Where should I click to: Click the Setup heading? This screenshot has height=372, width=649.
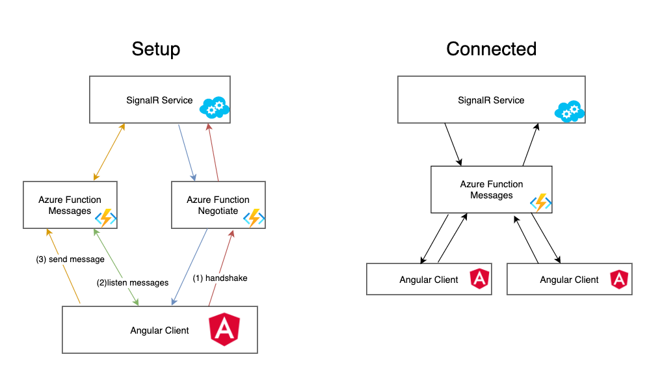[156, 49]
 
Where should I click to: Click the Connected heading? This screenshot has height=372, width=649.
[492, 49]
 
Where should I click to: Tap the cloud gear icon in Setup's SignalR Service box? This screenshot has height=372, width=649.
[215, 108]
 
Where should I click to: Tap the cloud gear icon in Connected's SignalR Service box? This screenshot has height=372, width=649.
[570, 111]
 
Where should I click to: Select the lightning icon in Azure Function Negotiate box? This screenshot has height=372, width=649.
[254, 218]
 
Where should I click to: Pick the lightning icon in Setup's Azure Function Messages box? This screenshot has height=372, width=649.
[105, 218]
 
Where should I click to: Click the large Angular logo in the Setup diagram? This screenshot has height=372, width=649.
[224, 329]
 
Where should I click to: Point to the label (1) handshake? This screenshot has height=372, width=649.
[220, 278]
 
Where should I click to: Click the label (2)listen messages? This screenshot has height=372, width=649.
[133, 283]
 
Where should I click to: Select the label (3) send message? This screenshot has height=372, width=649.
[70, 259]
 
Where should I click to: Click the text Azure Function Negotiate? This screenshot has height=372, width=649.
[218, 206]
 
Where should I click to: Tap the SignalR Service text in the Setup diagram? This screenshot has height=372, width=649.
[159, 100]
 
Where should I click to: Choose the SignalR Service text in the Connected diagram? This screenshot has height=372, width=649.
[491, 100]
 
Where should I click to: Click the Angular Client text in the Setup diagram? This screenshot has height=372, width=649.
[159, 330]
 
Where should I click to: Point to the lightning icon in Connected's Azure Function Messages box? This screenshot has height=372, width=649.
[541, 203]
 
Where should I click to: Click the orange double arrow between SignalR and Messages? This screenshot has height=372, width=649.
[109, 152]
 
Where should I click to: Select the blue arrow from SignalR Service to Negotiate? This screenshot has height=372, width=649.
[187, 153]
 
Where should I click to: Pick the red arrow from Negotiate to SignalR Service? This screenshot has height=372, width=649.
[213, 152]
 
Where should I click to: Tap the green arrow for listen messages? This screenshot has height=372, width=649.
[116, 267]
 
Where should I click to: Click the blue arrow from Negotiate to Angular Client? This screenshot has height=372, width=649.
[190, 267]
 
